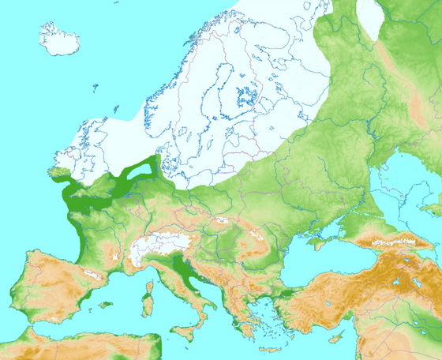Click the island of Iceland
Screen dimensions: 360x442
click(x=63, y=39)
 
